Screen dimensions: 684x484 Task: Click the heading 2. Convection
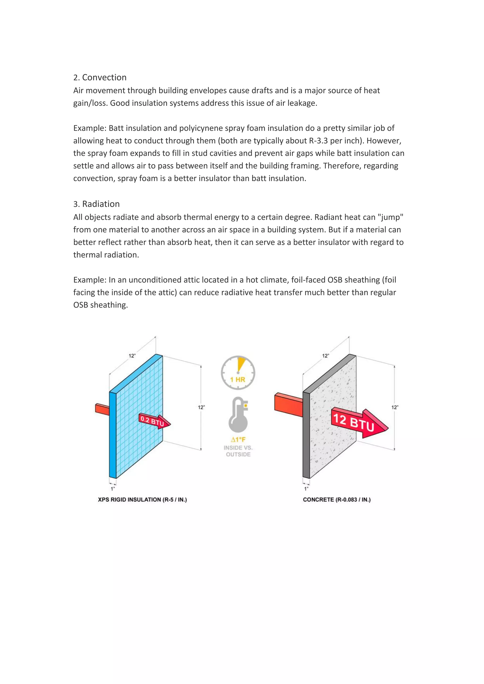point(100,77)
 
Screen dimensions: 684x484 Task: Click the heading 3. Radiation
point(97,204)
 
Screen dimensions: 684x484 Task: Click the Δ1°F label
point(238,439)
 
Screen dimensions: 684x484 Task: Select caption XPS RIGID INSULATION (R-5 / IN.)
point(143,500)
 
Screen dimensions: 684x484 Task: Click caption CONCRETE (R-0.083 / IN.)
point(337,500)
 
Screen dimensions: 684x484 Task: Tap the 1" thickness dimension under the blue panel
point(113,489)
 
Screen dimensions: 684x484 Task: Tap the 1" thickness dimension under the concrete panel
point(306,489)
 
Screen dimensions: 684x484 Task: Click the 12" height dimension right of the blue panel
point(201,407)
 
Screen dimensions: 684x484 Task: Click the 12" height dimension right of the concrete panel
point(395,407)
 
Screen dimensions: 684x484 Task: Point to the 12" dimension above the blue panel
point(132,356)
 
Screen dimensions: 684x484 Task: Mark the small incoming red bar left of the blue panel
point(102,409)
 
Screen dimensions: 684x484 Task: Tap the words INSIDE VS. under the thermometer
point(238,448)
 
